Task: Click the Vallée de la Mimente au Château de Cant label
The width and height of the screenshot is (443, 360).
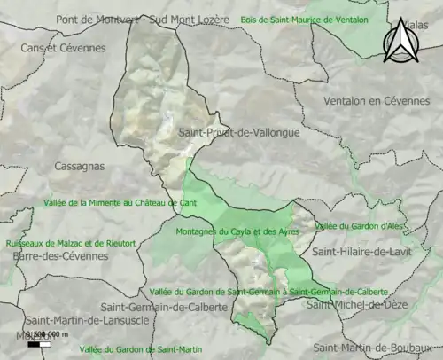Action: [120, 203]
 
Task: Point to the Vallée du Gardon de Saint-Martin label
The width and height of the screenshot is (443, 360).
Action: [141, 349]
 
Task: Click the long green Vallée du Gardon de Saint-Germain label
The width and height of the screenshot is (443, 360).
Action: [269, 291]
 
